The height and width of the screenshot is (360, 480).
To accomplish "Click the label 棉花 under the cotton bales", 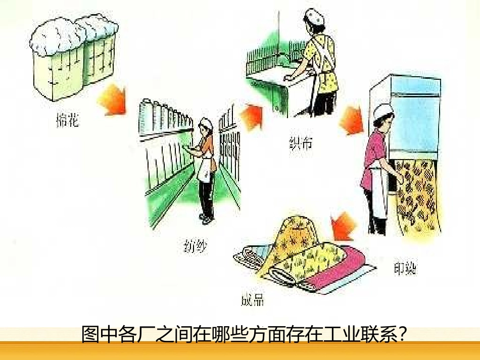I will click(67, 121).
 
